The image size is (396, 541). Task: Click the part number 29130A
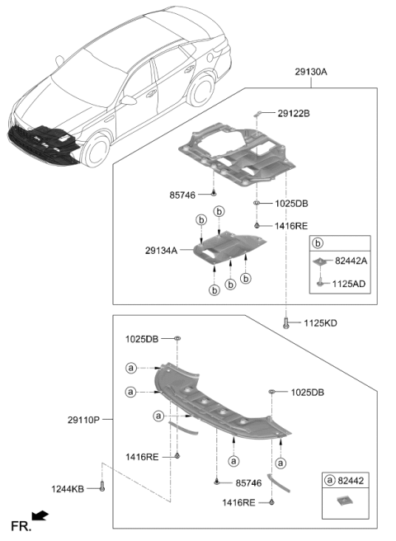click(311, 72)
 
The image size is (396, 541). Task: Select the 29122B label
click(294, 113)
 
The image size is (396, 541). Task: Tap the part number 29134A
click(161, 251)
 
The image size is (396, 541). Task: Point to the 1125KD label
click(320, 323)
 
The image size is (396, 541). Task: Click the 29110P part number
click(83, 420)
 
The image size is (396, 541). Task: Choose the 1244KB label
click(68, 489)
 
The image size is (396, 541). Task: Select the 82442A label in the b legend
click(351, 261)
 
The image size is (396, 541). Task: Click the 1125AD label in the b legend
click(349, 284)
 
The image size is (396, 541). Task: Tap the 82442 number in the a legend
click(351, 481)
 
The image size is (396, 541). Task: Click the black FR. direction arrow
click(40, 515)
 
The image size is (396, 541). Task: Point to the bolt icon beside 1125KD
click(285, 323)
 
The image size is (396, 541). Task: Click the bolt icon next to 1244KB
click(101, 487)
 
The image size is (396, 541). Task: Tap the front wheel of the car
click(96, 150)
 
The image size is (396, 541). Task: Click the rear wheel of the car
click(200, 90)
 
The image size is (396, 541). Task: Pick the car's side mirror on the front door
click(129, 100)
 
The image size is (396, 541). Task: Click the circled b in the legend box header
click(318, 243)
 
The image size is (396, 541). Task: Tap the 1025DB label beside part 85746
click(291, 204)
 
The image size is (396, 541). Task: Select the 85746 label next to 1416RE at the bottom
click(248, 483)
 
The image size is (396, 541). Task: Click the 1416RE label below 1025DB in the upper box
click(291, 226)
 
